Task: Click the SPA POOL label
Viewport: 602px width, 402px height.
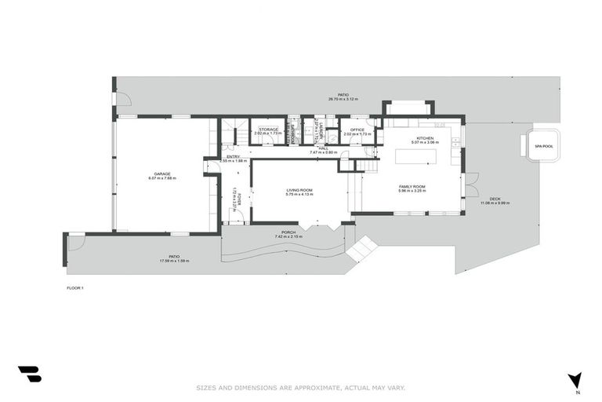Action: (x=542, y=146)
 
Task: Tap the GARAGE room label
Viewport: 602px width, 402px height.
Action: (x=162, y=174)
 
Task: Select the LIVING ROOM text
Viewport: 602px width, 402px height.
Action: (x=299, y=189)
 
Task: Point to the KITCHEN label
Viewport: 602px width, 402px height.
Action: (x=425, y=138)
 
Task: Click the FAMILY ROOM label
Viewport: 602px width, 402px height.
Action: (x=412, y=186)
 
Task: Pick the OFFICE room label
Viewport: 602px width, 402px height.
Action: (x=357, y=130)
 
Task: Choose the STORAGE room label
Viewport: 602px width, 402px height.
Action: (x=268, y=130)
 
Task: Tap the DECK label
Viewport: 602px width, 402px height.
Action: (x=495, y=199)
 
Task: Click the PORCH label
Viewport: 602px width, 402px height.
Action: (x=283, y=232)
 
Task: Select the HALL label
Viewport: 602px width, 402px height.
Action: (x=322, y=148)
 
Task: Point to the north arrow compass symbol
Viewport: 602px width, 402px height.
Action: (x=575, y=381)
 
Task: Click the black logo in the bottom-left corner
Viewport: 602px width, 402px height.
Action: (x=30, y=374)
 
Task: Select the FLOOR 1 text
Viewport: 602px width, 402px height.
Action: (x=75, y=288)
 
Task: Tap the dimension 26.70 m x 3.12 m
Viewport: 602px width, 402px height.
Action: (x=343, y=99)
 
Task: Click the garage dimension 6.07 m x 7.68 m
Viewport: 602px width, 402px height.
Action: (x=162, y=178)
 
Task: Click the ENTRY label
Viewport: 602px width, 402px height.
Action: (x=233, y=157)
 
